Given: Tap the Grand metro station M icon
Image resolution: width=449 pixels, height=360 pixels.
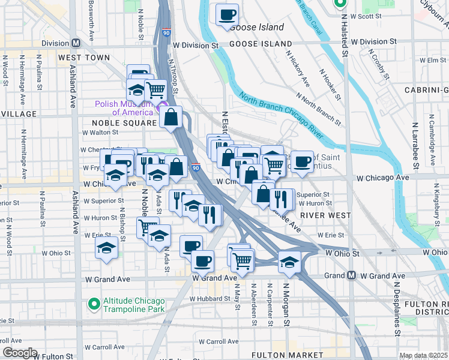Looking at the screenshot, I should [x=351, y=275].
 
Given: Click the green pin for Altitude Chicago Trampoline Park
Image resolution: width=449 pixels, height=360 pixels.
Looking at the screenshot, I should [x=94, y=304].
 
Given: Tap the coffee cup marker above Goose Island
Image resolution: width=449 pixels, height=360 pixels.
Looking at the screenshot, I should [x=227, y=15].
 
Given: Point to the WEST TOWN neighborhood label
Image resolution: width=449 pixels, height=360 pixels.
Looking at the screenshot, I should [x=84, y=58].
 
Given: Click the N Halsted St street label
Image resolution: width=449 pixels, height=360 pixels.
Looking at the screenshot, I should [x=345, y=36].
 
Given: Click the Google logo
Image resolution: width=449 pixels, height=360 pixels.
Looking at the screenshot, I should [x=19, y=353].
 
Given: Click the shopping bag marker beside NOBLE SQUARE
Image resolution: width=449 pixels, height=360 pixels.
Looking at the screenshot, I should [x=171, y=117].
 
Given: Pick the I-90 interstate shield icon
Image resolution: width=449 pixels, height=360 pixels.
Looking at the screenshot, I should [x=196, y=168].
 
